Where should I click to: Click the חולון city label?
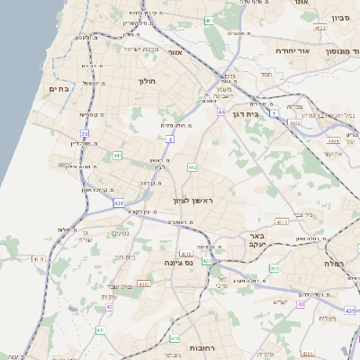pos(147,81)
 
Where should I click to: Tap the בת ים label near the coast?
pos(58,88)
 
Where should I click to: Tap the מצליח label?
pos(328,318)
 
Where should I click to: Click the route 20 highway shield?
pos(85,133)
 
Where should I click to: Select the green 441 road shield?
pos(117,156)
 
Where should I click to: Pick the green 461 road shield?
pos(208,20)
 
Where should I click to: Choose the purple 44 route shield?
pos(220,112)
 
